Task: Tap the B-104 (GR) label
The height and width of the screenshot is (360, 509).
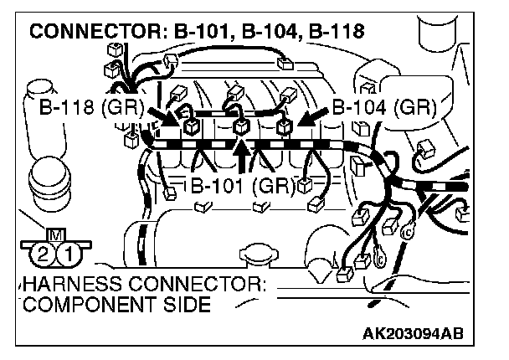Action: [382, 108]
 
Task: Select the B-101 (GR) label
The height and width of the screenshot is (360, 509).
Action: [240, 185]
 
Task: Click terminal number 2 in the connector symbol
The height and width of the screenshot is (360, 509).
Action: [39, 252]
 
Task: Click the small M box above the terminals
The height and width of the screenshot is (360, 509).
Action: [55, 234]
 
